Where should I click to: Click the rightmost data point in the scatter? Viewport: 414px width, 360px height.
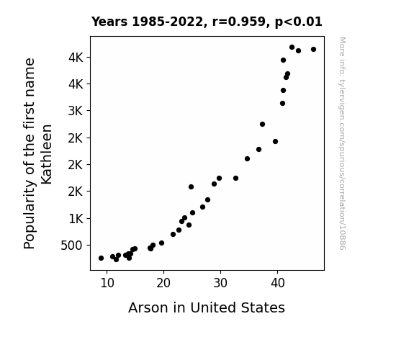click(313, 50)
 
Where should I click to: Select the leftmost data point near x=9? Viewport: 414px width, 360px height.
click(101, 258)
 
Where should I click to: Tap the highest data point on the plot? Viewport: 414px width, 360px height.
click(292, 48)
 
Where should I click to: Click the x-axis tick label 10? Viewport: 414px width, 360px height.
click(107, 284)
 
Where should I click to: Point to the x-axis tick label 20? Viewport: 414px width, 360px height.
click(163, 284)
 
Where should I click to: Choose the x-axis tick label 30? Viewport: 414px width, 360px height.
click(220, 284)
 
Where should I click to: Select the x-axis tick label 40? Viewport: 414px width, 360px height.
click(277, 284)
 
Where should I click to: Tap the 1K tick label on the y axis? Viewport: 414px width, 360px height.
click(76, 219)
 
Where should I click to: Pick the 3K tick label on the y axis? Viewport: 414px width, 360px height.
click(76, 111)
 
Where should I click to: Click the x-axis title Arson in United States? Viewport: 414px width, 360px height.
click(207, 307)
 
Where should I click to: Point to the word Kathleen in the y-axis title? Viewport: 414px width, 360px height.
click(47, 154)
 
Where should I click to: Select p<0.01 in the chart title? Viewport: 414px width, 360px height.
click(299, 22)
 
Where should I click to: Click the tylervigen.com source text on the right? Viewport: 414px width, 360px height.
click(342, 143)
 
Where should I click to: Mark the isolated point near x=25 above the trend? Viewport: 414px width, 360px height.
click(191, 187)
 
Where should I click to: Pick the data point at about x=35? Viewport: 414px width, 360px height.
click(247, 158)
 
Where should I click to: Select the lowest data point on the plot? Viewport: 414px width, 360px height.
click(116, 260)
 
